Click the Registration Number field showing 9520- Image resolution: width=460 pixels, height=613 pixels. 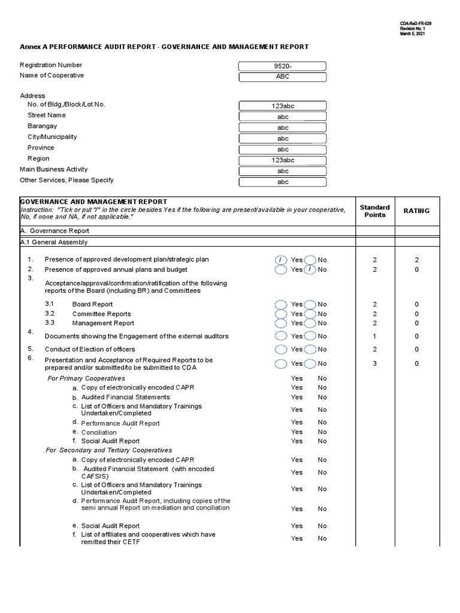(283, 66)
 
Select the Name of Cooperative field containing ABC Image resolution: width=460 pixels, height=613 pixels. (283, 77)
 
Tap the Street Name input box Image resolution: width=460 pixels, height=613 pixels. (283, 117)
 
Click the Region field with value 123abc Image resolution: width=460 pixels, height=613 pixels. (283, 160)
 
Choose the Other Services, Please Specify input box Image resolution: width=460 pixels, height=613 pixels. (283, 182)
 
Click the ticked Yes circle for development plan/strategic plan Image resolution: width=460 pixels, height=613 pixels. (281, 260)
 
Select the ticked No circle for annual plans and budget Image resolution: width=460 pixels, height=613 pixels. (310, 269)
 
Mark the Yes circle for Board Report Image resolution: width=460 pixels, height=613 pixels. (281, 304)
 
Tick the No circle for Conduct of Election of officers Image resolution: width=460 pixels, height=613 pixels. (310, 350)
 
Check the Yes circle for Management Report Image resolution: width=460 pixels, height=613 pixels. (281, 323)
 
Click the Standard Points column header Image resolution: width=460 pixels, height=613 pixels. (375, 211)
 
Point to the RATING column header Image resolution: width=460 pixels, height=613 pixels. (416, 211)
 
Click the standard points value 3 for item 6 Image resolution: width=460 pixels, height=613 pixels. (375, 363)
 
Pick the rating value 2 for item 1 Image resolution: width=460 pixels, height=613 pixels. (417, 260)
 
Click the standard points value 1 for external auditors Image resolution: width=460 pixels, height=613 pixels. (375, 336)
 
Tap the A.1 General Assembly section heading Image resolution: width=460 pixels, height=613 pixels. (54, 242)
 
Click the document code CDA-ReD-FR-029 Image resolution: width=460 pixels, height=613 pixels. (416, 23)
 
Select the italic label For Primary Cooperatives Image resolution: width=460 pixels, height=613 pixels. (86, 378)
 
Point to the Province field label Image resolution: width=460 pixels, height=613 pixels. (41, 148)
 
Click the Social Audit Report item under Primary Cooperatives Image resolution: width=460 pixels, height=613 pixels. (102, 441)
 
